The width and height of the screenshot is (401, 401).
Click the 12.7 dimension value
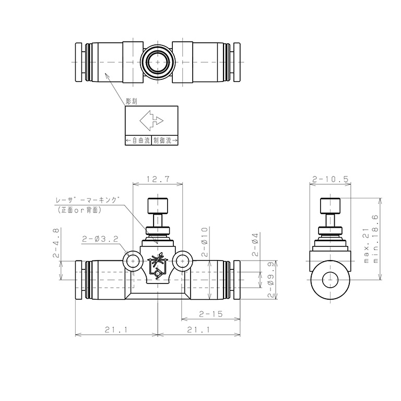pyautogui.click(x=158, y=179)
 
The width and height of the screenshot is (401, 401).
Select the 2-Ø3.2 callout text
pyautogui.click(x=100, y=239)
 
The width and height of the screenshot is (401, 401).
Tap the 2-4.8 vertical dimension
pyautogui.click(x=56, y=243)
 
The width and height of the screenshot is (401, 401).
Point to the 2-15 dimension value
pyautogui.click(x=211, y=314)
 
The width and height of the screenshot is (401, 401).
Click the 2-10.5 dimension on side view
pyautogui.click(x=330, y=179)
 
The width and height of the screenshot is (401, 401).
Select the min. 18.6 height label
pyautogui.click(x=375, y=239)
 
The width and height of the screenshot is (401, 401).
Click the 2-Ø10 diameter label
pyautogui.click(x=205, y=242)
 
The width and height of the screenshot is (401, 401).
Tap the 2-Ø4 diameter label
pyautogui.click(x=255, y=244)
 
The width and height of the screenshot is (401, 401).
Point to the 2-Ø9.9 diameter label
pyautogui.click(x=271, y=279)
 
